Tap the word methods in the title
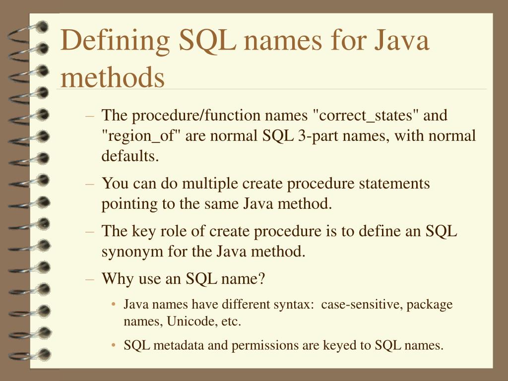[113, 77]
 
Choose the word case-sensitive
[362, 304]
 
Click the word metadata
[179, 345]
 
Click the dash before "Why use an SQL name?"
[90, 279]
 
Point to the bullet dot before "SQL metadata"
[115, 345]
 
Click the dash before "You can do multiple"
[90, 184]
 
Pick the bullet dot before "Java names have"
[115, 305]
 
